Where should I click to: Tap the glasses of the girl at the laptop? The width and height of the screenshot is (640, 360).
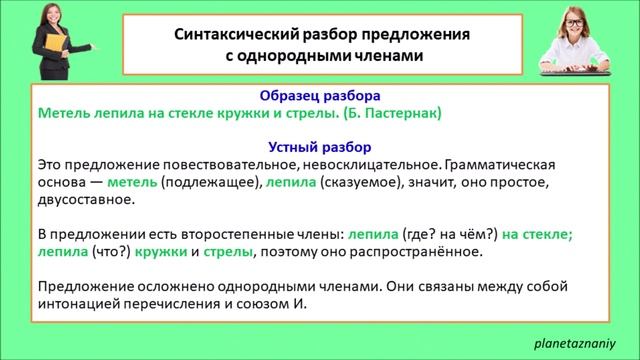pyautogui.click(x=581, y=21)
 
